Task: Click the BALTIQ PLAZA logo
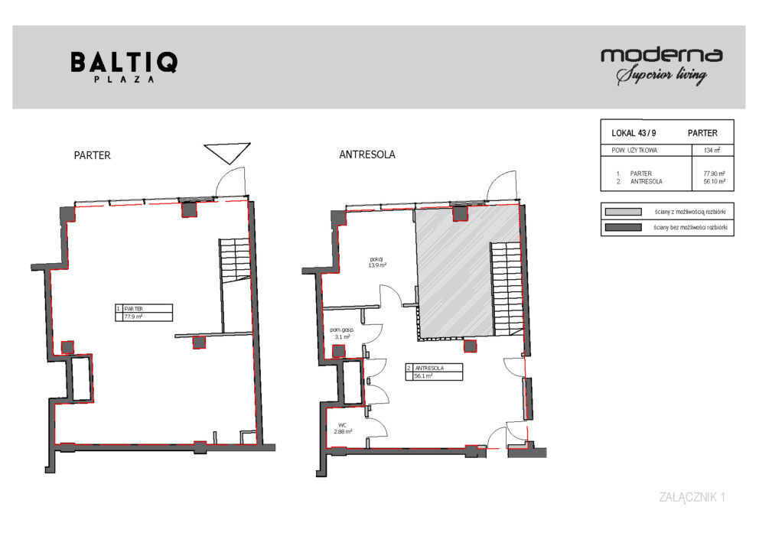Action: click(x=125, y=67)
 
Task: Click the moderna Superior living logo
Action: click(x=662, y=67)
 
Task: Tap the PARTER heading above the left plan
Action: click(x=92, y=155)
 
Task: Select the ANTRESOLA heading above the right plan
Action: click(x=367, y=154)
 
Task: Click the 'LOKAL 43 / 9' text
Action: click(x=634, y=133)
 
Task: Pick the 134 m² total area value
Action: click(x=712, y=150)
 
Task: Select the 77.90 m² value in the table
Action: click(x=715, y=173)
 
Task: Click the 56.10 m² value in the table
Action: click(x=715, y=181)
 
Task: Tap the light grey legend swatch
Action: click(x=623, y=212)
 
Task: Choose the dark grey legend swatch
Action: click(x=623, y=227)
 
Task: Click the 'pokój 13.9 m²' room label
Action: click(x=377, y=262)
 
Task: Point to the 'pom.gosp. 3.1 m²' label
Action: click(x=342, y=333)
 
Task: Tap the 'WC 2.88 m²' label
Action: click(x=343, y=428)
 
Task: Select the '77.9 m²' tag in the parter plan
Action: click(x=133, y=317)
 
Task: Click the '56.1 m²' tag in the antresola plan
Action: click(x=424, y=376)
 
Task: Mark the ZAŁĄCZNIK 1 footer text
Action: click(x=692, y=497)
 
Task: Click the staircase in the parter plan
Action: click(x=235, y=260)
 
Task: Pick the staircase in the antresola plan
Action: click(x=507, y=289)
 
